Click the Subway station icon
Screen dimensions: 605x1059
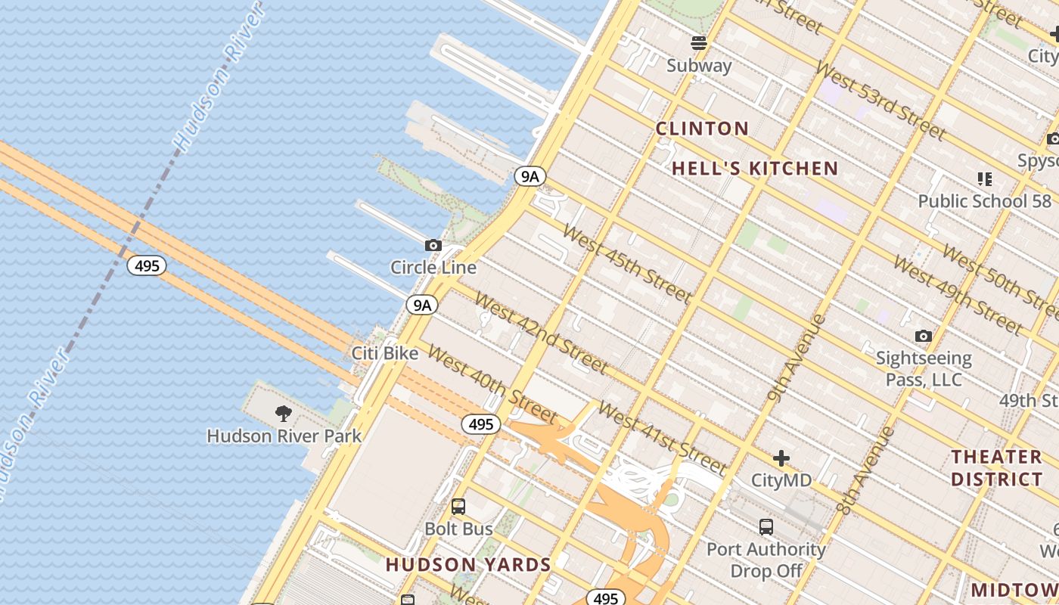point(699,43)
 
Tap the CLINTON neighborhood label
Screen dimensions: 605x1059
point(702,129)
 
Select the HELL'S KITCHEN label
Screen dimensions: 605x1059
point(755,169)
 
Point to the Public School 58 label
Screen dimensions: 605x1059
point(984,201)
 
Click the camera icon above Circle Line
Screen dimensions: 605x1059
point(433,245)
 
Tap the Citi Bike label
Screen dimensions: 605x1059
point(385,353)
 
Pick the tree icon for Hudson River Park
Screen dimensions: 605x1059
point(284,413)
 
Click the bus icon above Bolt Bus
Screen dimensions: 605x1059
point(458,507)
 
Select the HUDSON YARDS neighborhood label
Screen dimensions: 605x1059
point(468,565)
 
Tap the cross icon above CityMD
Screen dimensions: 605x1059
point(781,458)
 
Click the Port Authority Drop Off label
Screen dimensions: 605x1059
point(766,560)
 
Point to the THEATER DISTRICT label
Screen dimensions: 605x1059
point(996,468)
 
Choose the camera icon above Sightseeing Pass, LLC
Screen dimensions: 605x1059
point(923,336)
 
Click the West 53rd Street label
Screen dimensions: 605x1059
point(880,102)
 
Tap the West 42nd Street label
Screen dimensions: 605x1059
point(541,332)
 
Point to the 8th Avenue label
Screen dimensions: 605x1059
point(867,471)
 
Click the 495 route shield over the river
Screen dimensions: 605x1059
point(146,265)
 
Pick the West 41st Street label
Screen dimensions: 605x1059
point(662,437)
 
